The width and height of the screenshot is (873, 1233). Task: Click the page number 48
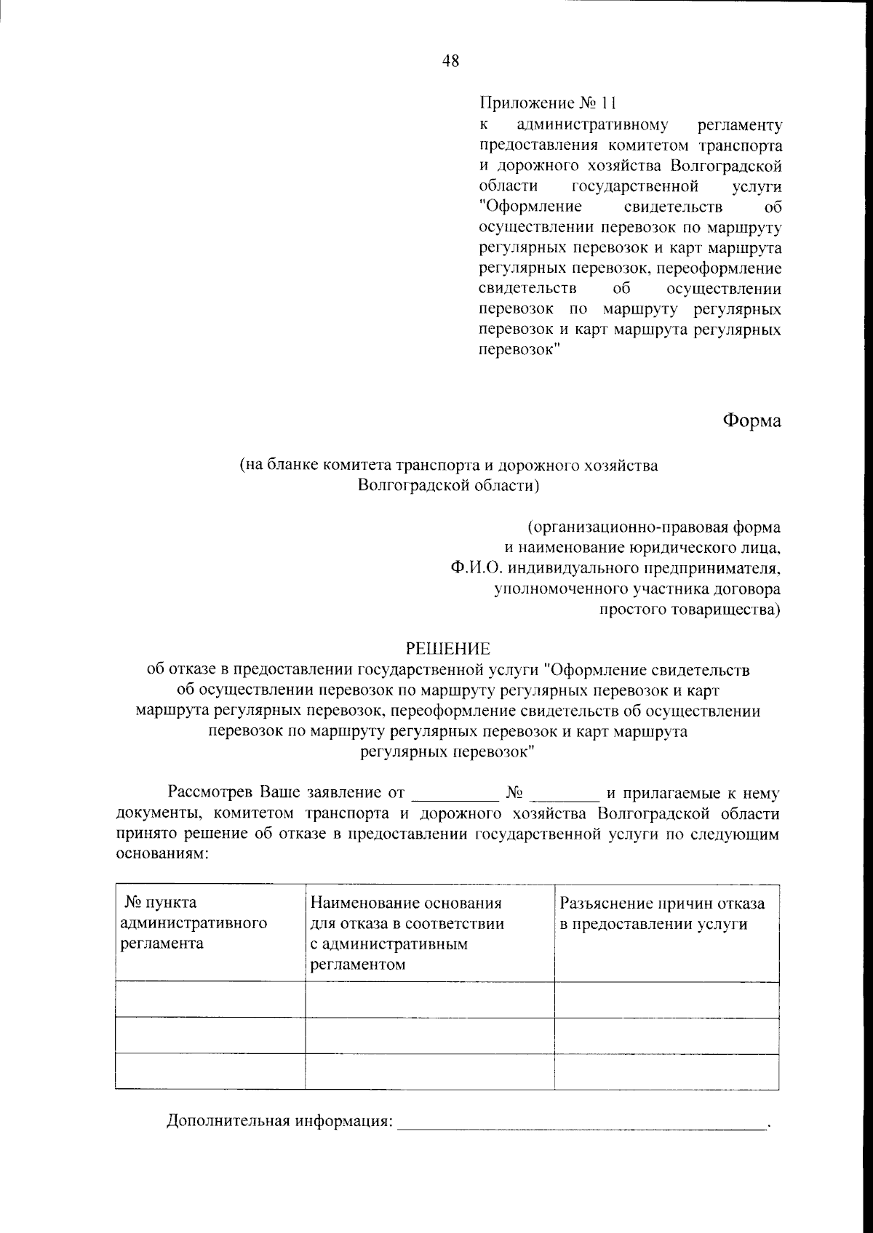pos(450,61)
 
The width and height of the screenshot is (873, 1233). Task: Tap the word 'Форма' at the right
pos(752,420)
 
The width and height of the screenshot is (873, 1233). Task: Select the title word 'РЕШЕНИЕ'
pos(448,647)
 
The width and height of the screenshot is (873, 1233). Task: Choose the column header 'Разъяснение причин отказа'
pos(662,914)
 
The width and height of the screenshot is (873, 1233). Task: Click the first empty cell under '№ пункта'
pos(210,999)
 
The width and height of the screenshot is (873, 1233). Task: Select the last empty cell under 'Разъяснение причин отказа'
pos(666,1071)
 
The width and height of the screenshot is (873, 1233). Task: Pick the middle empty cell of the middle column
pos(429,1035)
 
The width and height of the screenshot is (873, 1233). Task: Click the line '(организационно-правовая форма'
pos(655,527)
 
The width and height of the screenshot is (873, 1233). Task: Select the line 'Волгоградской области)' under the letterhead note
pos(448,485)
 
